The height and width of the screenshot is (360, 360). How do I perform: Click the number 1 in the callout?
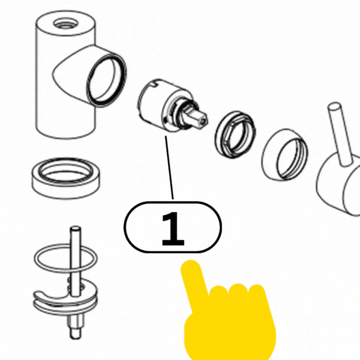click(173, 229)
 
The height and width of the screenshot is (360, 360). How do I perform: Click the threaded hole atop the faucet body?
click(65, 24)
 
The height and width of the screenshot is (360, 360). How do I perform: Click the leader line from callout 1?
click(169, 167)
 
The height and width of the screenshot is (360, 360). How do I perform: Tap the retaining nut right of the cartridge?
click(235, 134)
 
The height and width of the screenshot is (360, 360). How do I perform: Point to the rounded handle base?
click(340, 186)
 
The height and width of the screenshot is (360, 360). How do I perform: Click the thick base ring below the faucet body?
click(66, 178)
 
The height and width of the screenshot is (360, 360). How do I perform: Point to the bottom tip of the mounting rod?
click(75, 337)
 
